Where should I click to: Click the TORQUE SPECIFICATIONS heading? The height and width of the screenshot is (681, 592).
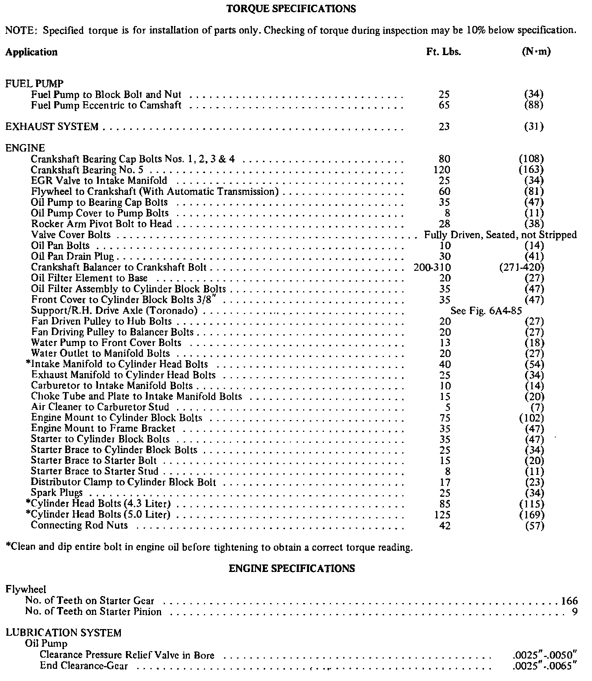pos(292,9)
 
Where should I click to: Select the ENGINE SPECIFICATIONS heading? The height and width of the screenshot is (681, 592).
pos(292,568)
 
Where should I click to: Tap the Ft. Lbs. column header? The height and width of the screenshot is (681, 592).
pos(444,52)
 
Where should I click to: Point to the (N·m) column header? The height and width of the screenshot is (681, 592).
pos(536,52)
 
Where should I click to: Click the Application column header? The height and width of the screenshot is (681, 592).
pos(31,52)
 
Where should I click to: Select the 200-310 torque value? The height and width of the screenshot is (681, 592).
pos(432,268)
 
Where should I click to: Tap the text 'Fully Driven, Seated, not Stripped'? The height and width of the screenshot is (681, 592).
pos(500,235)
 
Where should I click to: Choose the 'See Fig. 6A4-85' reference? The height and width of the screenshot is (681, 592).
pos(486,311)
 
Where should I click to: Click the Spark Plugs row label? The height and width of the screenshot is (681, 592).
pos(57,493)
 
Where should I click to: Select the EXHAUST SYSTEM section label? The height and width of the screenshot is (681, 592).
pos(52,127)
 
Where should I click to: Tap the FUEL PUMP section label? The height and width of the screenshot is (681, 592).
pos(35,84)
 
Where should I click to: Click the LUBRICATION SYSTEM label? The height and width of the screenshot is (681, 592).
pos(63,633)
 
